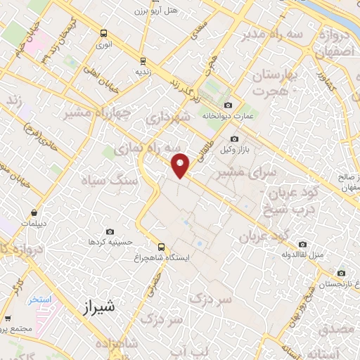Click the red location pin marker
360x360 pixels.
pyautogui.click(x=181, y=165)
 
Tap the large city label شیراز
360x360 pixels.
pyautogui.click(x=98, y=307)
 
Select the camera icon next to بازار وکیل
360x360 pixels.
pyautogui.click(x=235, y=139)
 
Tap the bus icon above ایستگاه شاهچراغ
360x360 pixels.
pyautogui.click(x=162, y=246)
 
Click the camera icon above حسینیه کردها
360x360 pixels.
pyautogui.click(x=110, y=231)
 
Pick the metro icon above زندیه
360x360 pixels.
pyautogui.click(x=143, y=60)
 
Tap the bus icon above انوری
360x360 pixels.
pyautogui.click(x=104, y=32)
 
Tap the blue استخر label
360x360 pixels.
pyautogui.click(x=41, y=300)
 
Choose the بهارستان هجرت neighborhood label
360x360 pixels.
pyautogui.click(x=272, y=82)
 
